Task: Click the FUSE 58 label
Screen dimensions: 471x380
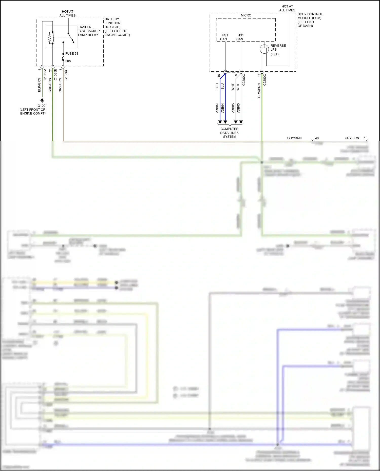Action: (72, 54)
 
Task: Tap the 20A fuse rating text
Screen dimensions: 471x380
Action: (68, 61)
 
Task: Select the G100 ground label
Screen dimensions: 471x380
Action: (42, 106)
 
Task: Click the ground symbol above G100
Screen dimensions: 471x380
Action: (42, 100)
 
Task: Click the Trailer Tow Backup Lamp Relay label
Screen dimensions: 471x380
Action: (89, 31)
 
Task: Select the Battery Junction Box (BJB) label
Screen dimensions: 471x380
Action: (117, 27)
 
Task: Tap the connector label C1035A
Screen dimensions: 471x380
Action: (45, 74)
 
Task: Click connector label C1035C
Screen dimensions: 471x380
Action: (66, 74)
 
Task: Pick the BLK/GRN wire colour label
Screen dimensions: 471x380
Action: (39, 85)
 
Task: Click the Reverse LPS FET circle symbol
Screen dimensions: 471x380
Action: (264, 49)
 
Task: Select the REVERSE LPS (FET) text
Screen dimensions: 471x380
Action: (278, 50)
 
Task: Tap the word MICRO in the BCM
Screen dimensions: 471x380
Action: (246, 15)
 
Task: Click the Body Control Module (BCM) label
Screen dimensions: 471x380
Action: (310, 20)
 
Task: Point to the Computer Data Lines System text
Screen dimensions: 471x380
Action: (230, 133)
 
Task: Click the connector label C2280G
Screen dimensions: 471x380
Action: (244, 79)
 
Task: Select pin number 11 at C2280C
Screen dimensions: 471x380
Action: (259, 75)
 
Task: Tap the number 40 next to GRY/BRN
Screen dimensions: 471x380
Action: (317, 138)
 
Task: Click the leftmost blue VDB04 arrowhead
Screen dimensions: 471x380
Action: (220, 122)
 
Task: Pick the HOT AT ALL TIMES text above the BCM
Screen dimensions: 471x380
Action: (287, 8)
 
